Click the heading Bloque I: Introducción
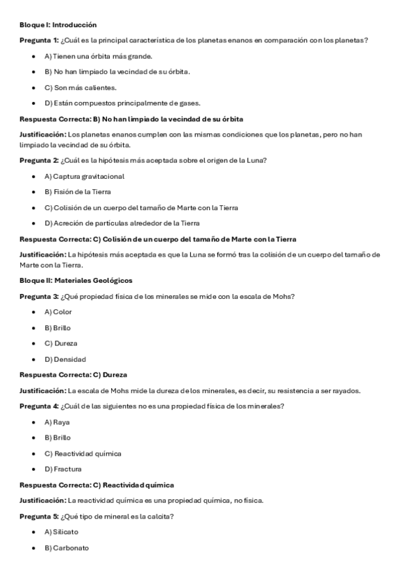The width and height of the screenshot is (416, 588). [x=58, y=25]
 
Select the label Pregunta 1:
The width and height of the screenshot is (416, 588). [x=39, y=40]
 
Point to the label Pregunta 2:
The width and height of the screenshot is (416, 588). [x=39, y=160]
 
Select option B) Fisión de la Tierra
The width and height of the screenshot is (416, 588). [x=77, y=191]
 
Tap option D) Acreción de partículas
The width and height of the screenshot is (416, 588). [x=122, y=223]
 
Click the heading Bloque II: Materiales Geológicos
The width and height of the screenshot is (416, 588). [x=76, y=280]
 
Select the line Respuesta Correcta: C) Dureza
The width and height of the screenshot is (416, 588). [x=73, y=374]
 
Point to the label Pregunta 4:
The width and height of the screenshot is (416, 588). [x=39, y=406]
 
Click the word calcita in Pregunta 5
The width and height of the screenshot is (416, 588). [x=161, y=516]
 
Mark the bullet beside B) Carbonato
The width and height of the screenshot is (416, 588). [x=34, y=548]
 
